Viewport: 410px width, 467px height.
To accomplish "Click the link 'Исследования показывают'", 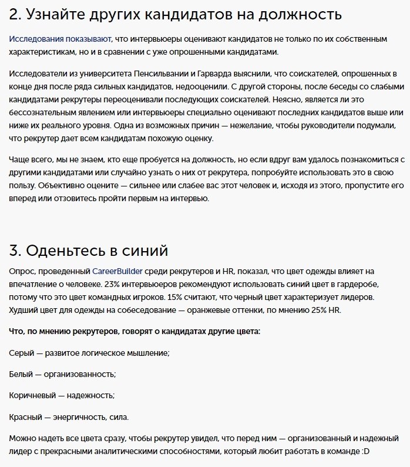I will click(x=59, y=39).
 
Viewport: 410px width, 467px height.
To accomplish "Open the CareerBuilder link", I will click(x=117, y=271).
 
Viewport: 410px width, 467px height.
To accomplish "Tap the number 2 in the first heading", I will click(x=14, y=14).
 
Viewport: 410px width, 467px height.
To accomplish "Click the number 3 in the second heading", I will click(x=14, y=250).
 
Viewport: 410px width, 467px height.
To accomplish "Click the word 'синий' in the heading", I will click(x=145, y=250).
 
